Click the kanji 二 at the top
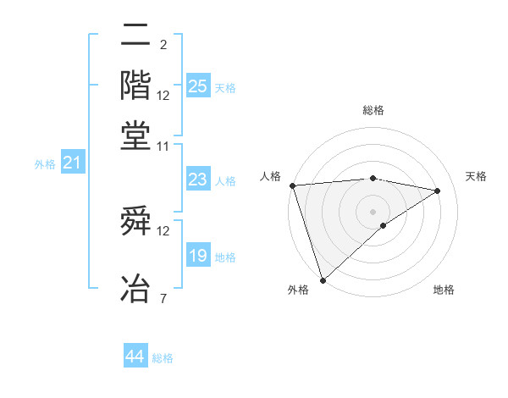click(x=135, y=36)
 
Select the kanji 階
click(x=135, y=86)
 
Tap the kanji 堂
click(x=135, y=135)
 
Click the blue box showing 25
click(x=198, y=86)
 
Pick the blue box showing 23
click(x=198, y=179)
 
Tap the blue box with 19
click(x=198, y=256)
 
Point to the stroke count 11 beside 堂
click(x=163, y=146)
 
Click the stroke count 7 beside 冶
click(x=163, y=298)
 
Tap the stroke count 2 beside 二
click(x=163, y=45)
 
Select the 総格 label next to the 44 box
click(x=163, y=358)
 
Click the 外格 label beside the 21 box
click(x=45, y=164)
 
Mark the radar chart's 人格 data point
click(x=292, y=185)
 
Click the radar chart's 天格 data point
click(x=438, y=191)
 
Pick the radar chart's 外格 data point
click(x=323, y=279)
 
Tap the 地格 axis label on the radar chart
click(x=444, y=290)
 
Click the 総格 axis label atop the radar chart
click(x=373, y=110)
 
